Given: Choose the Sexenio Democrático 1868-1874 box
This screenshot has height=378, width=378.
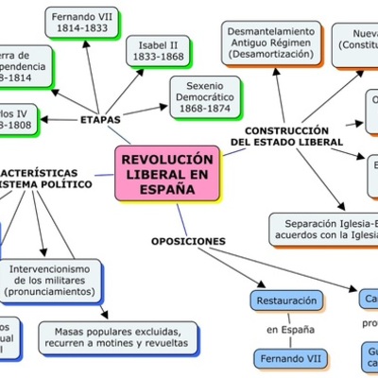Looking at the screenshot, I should (213, 98).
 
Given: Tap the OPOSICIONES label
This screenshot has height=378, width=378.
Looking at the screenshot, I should (189, 241).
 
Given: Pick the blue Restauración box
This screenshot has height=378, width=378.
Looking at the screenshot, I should (286, 301).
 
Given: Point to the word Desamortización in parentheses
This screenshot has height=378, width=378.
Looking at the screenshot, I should (270, 55).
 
